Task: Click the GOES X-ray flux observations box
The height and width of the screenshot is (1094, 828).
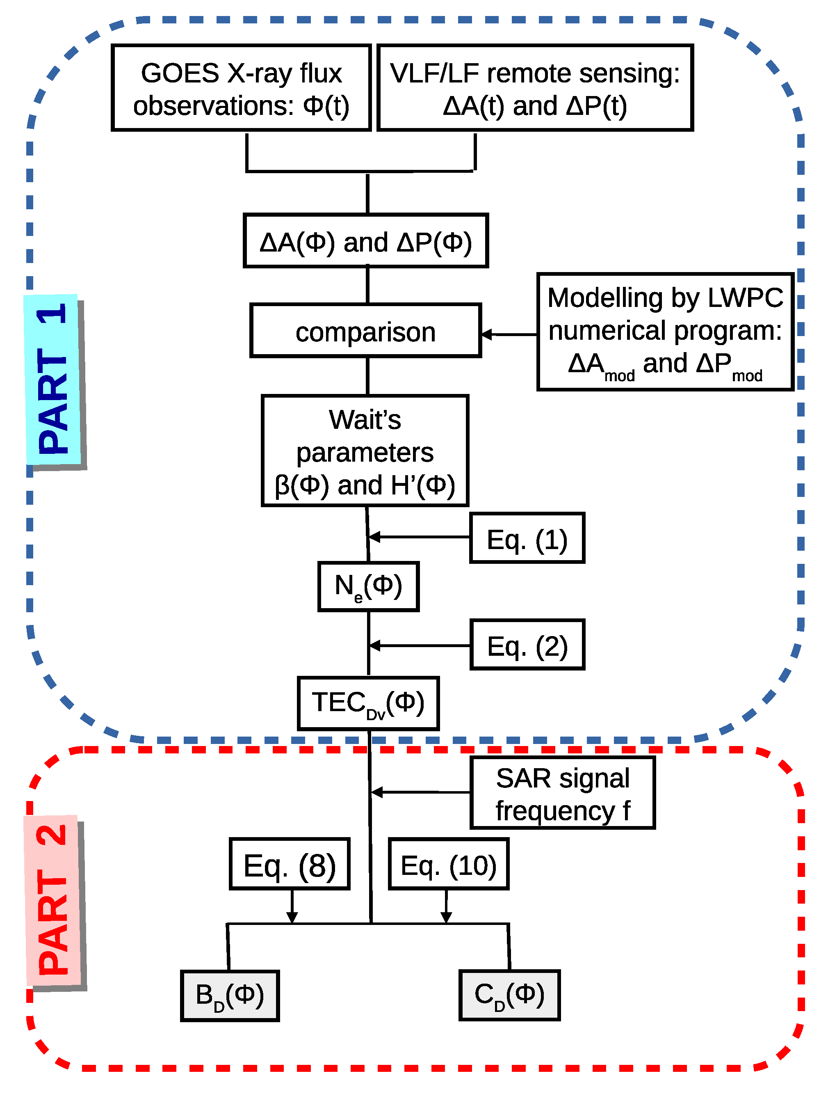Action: point(241,88)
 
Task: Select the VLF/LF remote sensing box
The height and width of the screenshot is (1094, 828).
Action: point(535,88)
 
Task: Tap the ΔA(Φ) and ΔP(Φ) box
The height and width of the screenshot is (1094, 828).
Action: point(366,241)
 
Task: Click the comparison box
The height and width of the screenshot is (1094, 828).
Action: point(366,331)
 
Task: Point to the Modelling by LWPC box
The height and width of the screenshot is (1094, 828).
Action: point(665,332)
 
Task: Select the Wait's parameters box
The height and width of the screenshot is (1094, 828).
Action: point(365,451)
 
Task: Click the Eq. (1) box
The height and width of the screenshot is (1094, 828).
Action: point(527,538)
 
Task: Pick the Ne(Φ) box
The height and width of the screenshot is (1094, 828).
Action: point(368,586)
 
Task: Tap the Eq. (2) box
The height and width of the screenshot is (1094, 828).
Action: point(527,645)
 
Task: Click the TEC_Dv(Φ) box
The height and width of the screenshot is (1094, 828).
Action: point(368,703)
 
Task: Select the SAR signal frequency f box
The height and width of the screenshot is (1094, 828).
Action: point(563,793)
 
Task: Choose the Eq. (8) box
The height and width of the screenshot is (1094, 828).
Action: point(290,865)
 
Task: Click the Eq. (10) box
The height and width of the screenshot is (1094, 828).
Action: point(448,865)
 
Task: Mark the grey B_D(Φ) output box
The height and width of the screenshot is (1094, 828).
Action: point(230,996)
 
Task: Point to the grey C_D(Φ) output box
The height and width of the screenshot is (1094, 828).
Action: point(509,996)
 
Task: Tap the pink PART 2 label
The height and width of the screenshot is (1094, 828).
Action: point(53,900)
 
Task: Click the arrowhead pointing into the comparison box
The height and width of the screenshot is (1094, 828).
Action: point(487,335)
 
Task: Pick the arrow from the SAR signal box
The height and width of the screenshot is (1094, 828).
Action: point(420,792)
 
